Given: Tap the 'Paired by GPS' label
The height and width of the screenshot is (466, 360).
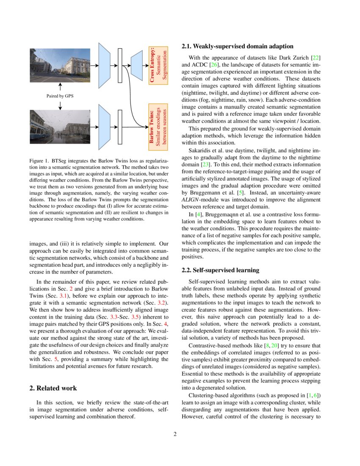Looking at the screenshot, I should (x=60, y=96).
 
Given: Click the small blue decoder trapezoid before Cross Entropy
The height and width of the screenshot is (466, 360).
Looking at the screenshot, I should (x=137, y=66).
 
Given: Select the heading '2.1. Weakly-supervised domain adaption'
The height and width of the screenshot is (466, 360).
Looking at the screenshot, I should (x=237, y=46).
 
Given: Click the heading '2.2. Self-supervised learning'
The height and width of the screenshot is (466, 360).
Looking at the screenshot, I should (x=221, y=270).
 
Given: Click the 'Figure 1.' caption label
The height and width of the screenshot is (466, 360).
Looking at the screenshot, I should (x=40, y=162).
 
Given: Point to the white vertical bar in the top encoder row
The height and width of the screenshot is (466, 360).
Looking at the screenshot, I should (x=120, y=66).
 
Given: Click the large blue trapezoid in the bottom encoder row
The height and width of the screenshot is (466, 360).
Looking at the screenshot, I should (x=104, y=127).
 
